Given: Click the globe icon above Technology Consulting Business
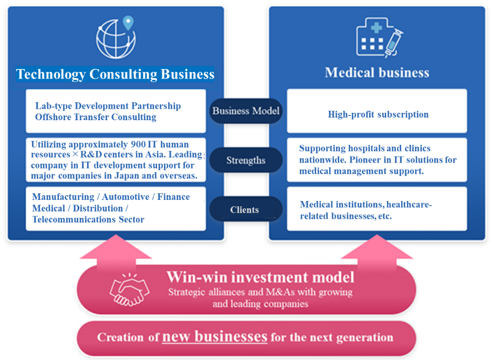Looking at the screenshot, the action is (x=116, y=39).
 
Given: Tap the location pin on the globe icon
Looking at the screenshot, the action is (x=128, y=23).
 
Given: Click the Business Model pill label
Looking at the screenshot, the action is (x=246, y=111).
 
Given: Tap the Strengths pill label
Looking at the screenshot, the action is (x=246, y=160).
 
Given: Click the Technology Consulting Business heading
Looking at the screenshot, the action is (x=115, y=75).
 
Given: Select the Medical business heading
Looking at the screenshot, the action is (x=377, y=72).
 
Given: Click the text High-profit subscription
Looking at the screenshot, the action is (x=378, y=114).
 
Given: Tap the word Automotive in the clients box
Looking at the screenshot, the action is (x=125, y=197).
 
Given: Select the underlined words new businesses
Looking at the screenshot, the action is (x=215, y=337).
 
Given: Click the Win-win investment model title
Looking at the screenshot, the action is (x=260, y=277).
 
